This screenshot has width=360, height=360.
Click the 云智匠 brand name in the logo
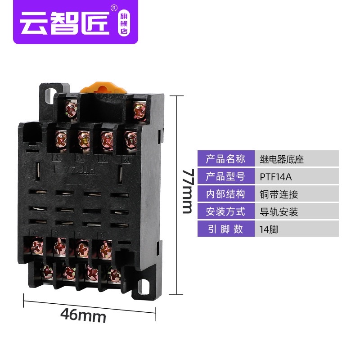65,23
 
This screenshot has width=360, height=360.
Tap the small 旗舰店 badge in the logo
124,23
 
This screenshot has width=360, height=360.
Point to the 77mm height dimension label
188,191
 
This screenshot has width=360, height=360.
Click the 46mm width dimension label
83,315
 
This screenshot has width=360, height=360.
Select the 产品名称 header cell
226,159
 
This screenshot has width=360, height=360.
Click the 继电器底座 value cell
297,159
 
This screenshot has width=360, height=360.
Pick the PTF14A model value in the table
275,177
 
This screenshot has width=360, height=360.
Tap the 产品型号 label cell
226,176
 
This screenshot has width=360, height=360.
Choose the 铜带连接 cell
297,194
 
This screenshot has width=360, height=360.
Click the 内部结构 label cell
226,194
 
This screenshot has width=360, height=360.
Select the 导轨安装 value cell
297,211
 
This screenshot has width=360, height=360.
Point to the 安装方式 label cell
226,211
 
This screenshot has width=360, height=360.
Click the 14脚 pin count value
269,229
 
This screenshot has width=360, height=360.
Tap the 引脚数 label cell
226,229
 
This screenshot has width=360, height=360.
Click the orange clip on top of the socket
103,88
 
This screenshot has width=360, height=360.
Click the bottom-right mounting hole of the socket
144,287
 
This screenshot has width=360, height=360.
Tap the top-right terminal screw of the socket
139,112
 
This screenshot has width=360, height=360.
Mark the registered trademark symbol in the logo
114,8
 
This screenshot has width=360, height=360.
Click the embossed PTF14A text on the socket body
76,170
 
